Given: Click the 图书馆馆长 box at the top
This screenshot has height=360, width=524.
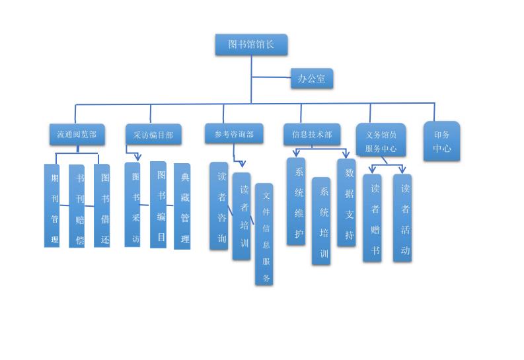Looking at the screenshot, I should click(251, 45).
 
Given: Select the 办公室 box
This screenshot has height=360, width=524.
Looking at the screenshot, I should click(311, 79).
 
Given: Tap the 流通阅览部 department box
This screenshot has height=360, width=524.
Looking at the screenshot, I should click(77, 134).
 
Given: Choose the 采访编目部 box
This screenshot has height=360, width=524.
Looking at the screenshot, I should click(153, 135).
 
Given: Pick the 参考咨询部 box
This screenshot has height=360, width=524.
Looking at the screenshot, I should click(233, 133).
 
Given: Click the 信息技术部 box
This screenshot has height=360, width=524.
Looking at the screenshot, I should click(312, 134).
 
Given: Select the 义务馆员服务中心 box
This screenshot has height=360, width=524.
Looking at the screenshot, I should click(381, 141).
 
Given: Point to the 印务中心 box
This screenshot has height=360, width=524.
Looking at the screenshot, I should click(441, 141).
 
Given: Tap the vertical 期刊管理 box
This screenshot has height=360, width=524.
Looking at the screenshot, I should click(52, 205).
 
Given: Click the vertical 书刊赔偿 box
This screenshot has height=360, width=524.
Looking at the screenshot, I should click(77, 206).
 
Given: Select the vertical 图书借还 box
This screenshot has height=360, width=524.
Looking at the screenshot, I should click(102, 205).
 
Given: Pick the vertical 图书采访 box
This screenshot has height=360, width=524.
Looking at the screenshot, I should click(133, 205).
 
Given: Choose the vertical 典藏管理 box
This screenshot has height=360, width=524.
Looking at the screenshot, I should click(182, 207).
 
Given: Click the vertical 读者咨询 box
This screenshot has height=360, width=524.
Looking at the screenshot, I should click(219, 206).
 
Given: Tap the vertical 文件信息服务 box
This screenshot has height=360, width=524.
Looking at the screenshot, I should click(264, 234).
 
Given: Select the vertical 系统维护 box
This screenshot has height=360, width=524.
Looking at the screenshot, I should click(296, 201).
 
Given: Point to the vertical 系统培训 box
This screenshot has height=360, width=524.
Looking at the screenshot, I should click(321, 221).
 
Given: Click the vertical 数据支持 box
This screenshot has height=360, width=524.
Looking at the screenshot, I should click(346, 203).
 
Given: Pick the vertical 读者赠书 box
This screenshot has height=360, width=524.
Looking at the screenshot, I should click(372, 218).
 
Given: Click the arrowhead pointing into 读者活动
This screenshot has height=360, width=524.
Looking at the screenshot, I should click(402, 170).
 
